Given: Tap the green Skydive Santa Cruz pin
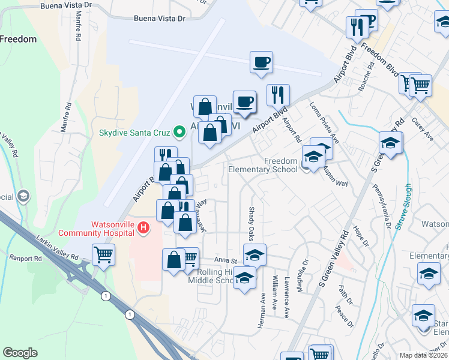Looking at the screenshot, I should click(178, 131).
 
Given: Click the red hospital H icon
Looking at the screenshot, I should click(143, 227).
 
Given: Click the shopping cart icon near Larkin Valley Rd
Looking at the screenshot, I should click(103, 254).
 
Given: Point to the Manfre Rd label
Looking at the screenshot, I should click(78, 28).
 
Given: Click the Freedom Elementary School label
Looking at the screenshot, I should click(263, 165).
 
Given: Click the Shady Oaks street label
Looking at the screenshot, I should click(251, 221).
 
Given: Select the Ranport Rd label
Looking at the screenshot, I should click(25, 259).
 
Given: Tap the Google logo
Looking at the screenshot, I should click(20, 353).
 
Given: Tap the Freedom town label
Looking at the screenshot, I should click(18, 39).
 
